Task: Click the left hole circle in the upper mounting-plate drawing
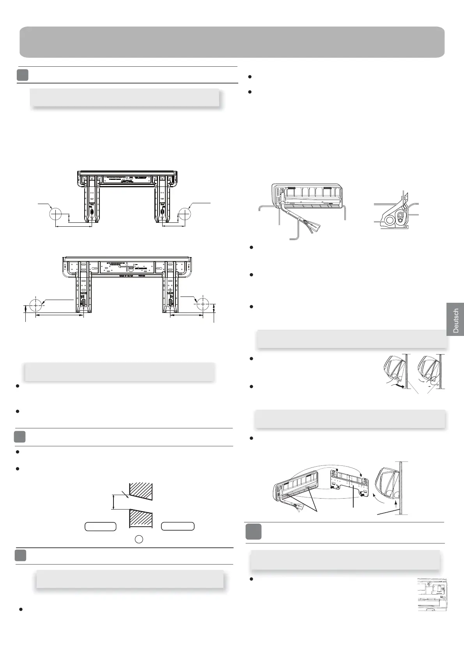click(56, 214)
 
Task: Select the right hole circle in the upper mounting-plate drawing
click(184, 214)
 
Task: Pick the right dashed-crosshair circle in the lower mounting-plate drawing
click(203, 304)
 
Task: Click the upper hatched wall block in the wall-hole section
click(141, 491)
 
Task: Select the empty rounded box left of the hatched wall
click(101, 526)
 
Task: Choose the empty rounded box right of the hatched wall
click(178, 526)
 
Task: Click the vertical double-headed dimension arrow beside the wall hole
click(113, 502)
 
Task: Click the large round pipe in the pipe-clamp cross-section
click(389, 220)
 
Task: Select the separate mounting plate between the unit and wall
click(350, 483)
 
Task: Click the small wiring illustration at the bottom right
click(432, 595)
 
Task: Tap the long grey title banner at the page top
click(232, 42)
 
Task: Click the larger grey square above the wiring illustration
click(253, 532)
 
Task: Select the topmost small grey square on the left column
click(23, 75)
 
